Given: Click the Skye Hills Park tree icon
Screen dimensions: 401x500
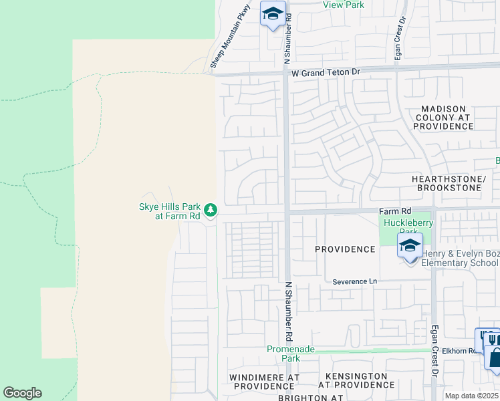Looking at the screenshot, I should click(x=211, y=211).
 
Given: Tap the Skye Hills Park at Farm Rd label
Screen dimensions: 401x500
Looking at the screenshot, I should click(x=169, y=211).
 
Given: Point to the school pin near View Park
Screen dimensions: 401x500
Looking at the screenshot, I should click(x=273, y=15).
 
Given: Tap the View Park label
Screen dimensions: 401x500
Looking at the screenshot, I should click(x=343, y=5).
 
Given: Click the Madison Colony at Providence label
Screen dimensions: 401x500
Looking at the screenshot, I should click(x=444, y=117).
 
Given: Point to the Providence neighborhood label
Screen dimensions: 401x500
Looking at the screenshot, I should click(x=345, y=249).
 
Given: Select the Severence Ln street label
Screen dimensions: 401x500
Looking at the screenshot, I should click(x=355, y=282).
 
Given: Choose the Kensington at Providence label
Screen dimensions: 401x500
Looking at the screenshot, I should click(x=356, y=381).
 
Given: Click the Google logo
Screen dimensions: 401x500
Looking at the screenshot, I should click(x=22, y=393).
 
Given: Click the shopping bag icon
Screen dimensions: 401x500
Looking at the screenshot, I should click(x=495, y=358).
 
